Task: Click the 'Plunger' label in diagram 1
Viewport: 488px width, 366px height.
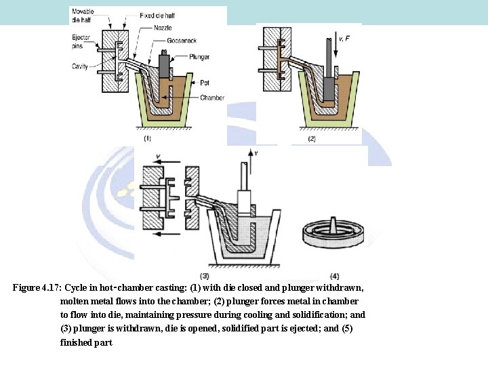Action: (x=201, y=57)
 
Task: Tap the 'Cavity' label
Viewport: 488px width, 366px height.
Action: (x=80, y=65)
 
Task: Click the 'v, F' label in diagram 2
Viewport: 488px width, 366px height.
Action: (x=344, y=39)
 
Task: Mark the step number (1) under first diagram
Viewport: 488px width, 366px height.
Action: (x=147, y=138)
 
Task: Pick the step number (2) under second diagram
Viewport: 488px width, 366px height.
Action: (x=312, y=138)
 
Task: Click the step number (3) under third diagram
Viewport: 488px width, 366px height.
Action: (x=205, y=275)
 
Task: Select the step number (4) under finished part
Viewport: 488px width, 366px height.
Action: (x=334, y=275)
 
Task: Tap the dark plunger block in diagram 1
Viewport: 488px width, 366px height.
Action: (x=164, y=66)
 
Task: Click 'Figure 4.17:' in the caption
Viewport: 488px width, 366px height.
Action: (x=36, y=287)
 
